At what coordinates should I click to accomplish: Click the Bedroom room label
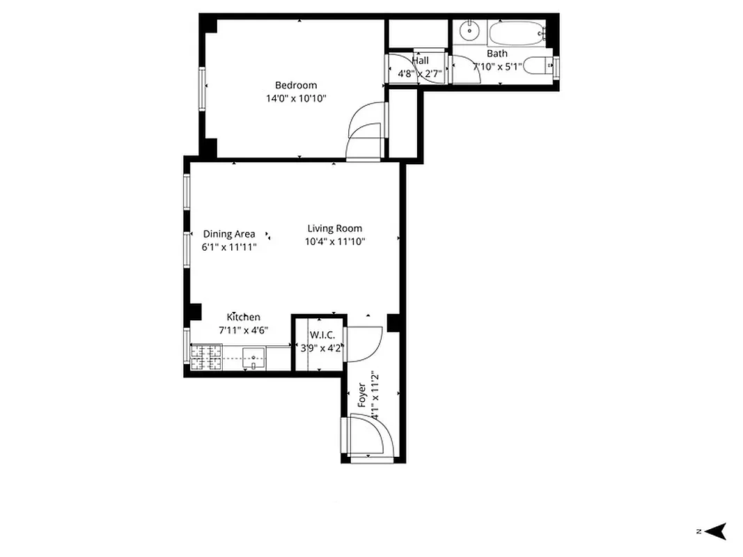click(295, 85)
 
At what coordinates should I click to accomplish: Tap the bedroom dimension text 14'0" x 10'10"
click(295, 98)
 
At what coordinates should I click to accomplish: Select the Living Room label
click(334, 228)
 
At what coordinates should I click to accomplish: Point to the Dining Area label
click(228, 234)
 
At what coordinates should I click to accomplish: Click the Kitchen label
click(243, 317)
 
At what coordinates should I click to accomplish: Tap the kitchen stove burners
click(206, 356)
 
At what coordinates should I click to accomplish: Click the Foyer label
click(362, 395)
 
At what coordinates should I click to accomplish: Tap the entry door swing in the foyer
click(372, 435)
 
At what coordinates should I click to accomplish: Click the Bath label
click(497, 54)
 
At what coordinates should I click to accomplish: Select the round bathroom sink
click(470, 30)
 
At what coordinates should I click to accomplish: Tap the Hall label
click(420, 61)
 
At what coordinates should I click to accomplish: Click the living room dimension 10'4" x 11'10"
click(334, 242)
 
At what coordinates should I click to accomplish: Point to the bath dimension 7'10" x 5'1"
click(497, 67)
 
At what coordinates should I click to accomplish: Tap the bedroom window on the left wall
click(203, 88)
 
